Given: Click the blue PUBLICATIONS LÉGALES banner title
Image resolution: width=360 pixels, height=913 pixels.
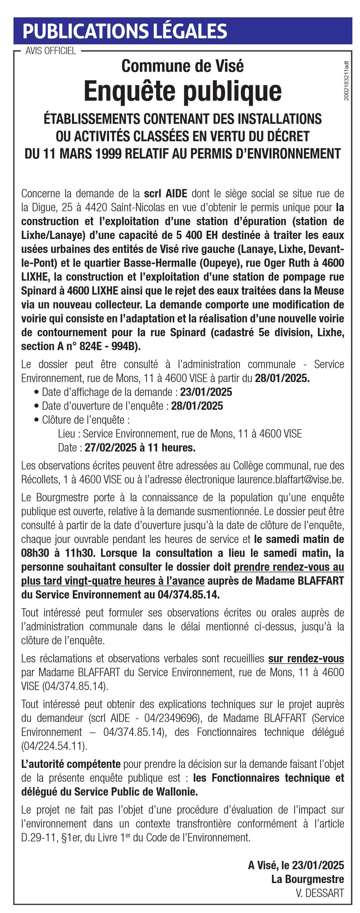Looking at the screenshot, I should click(124, 31).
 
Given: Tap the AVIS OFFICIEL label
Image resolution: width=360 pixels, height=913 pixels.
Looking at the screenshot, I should click(51, 51).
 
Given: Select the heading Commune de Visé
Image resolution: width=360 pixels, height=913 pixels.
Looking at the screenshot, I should click(182, 66).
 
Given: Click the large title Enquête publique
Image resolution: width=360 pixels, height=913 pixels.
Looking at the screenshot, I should click(182, 91).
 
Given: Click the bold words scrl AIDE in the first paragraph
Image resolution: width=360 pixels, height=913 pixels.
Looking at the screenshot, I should click(165, 194).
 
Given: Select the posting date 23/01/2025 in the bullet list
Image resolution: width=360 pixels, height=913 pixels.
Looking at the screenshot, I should click(206, 392).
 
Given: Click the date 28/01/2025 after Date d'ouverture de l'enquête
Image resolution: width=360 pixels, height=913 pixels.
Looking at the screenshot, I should click(197, 406).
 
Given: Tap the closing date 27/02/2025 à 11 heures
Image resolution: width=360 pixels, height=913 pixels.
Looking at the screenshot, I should click(140, 447).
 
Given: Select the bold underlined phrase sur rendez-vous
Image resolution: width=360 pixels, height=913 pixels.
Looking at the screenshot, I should click(306, 658).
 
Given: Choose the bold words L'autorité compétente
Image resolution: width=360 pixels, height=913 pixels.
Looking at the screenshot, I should click(71, 764).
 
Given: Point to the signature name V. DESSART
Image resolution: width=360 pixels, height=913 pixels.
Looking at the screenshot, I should click(320, 893).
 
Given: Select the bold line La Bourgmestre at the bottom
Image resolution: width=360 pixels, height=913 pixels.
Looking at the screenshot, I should click(308, 879).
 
